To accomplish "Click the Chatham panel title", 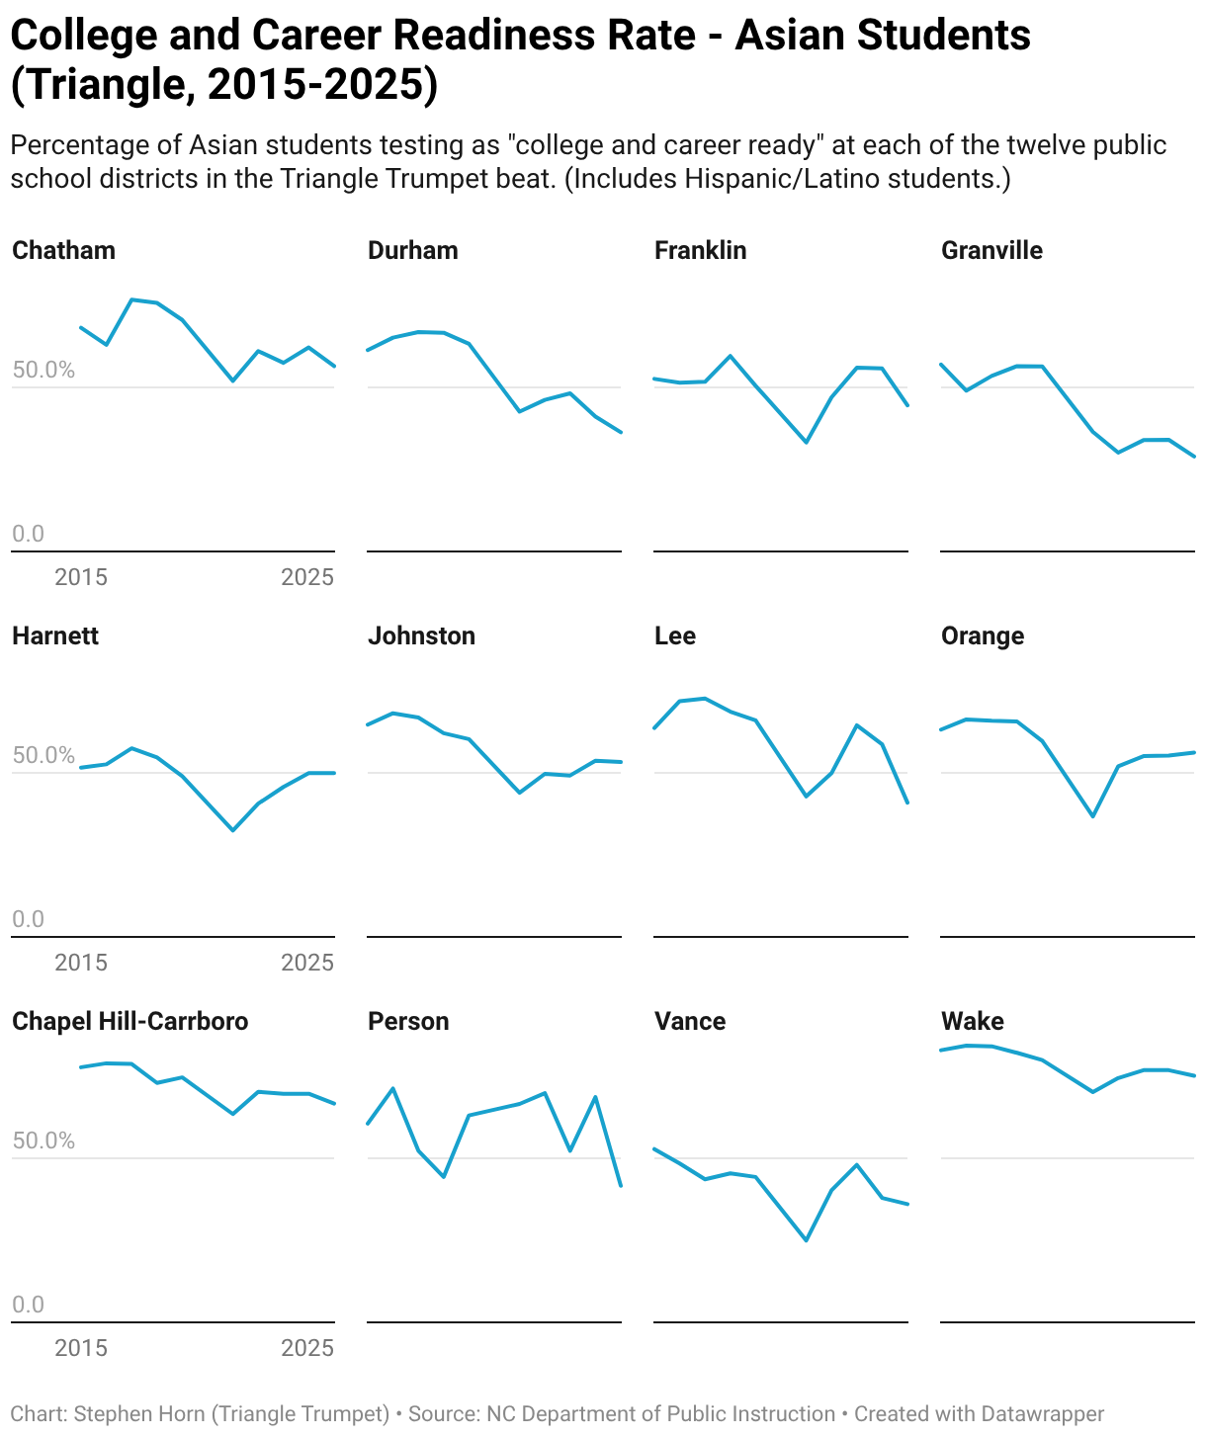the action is [63, 250].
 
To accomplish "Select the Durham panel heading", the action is [413, 250].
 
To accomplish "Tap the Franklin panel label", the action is [700, 250].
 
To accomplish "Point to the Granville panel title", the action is [991, 250].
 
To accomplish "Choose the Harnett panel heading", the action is [55, 635].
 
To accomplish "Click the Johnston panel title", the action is [421, 635].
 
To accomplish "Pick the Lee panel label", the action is [674, 635].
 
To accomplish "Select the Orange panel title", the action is [983, 636].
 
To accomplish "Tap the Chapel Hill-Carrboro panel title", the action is [130, 1021].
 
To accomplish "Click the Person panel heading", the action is [408, 1021].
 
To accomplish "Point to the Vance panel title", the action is [690, 1021].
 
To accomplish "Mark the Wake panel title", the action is [972, 1021].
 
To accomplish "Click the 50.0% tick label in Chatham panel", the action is [43, 370].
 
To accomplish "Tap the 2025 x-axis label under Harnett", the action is [307, 963].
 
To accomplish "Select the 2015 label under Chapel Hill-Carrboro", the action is [81, 1347].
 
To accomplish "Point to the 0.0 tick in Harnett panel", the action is [29, 919].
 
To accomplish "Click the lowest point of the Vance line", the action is [806, 1240].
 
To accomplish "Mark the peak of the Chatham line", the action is [131, 299].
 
